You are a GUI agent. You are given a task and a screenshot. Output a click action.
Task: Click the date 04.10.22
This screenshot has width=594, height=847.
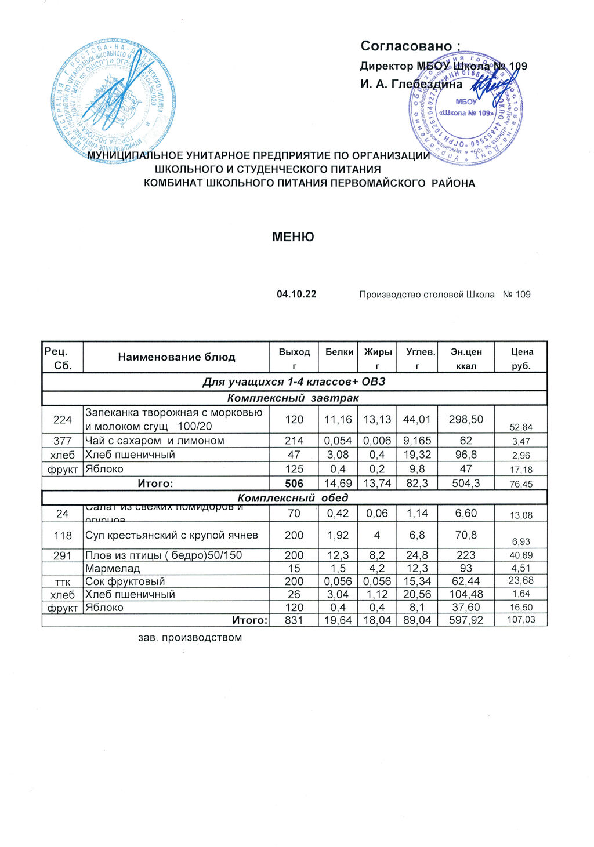point(296,295)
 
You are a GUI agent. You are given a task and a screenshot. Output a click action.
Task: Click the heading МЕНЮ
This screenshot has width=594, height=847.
point(294,237)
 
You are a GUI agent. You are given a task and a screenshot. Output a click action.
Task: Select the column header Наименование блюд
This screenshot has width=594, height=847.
point(176,357)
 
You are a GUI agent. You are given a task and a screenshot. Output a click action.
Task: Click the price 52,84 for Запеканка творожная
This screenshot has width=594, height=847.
point(521,427)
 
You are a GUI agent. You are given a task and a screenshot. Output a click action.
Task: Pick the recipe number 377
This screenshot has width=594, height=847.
point(63,441)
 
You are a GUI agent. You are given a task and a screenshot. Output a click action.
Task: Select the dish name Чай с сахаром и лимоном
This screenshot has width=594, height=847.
point(155,441)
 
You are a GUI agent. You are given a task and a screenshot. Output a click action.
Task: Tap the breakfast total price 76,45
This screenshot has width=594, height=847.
point(521,484)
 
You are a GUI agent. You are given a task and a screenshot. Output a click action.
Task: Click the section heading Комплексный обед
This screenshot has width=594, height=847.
point(294,498)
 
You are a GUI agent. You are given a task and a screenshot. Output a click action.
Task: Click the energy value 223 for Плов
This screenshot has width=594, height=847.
point(466,555)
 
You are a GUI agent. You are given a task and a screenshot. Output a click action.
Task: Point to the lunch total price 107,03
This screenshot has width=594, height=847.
point(521,620)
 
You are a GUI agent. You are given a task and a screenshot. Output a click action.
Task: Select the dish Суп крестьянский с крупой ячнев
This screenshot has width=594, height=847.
point(172,536)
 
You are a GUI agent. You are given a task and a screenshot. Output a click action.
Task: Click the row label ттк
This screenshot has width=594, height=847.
point(63,581)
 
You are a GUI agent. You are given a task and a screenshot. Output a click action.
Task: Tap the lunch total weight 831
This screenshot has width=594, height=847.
point(294,620)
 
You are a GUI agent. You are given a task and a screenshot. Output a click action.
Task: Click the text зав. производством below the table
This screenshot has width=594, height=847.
point(190,638)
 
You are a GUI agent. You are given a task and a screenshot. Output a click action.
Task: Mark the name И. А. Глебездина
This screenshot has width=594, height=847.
point(411,85)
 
